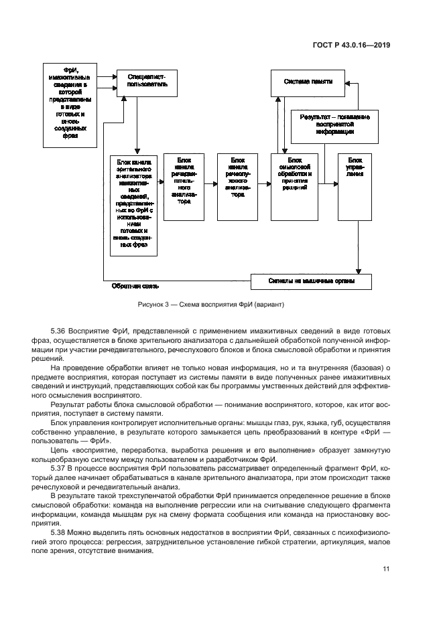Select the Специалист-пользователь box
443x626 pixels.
pos(146,82)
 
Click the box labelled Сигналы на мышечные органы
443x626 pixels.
pos(311,281)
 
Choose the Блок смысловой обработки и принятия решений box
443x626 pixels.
pos(295,186)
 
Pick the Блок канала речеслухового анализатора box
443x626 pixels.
pos(237,186)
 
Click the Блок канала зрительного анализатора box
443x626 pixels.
pos(133,205)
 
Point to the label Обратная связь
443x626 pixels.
pos(135,286)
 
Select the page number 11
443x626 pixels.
pos(387,569)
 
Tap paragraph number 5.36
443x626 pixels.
pos(59,332)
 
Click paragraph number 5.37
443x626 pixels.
pos(59,468)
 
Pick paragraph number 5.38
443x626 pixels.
pos(59,533)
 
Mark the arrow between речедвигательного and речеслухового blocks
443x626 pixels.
pos(210,181)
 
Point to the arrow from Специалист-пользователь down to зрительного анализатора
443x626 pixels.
pos(136,124)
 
